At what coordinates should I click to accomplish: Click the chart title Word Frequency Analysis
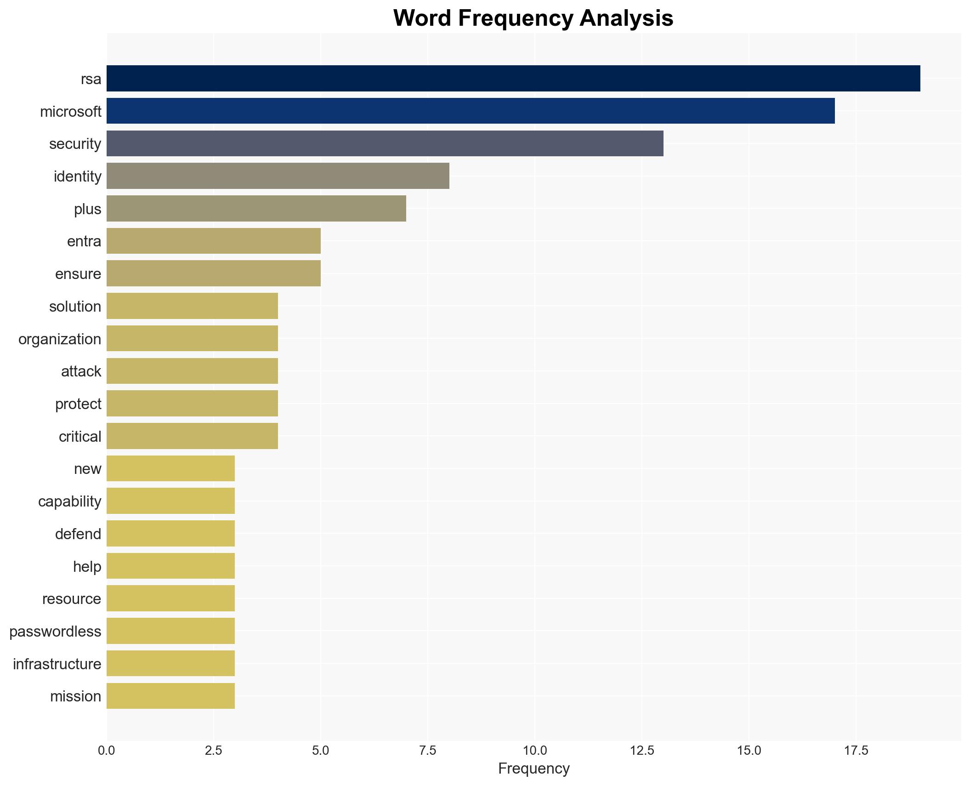533,18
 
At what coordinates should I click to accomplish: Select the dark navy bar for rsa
513,79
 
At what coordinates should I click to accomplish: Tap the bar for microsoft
471,111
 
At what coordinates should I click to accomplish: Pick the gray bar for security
385,143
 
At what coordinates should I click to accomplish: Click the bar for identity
278,176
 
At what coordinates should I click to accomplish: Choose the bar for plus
256,208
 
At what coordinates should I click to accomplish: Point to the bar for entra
214,241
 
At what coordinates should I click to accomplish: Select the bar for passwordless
170,631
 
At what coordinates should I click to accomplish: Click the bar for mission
170,696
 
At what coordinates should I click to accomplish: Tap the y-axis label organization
60,339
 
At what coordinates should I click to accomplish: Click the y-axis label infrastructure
57,664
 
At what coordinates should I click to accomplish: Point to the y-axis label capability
69,501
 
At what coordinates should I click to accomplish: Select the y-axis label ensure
78,274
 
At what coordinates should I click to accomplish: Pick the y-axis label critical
80,437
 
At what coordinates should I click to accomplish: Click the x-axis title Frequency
533,769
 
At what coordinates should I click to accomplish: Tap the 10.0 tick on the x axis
535,751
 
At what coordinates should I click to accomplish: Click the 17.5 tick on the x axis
856,751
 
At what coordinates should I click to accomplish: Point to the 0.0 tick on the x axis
107,751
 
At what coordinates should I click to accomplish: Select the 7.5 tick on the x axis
428,751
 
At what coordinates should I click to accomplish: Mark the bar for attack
192,371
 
